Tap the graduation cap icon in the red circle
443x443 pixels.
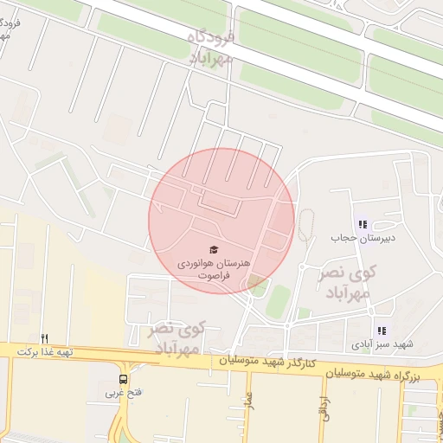[x=214, y=249]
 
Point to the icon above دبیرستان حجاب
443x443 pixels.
[x=361, y=224]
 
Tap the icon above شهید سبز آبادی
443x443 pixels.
[x=382, y=331]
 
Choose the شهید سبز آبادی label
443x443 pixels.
[x=382, y=344]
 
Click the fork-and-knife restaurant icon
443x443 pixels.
[x=44, y=338]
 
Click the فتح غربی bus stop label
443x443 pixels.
[x=123, y=393]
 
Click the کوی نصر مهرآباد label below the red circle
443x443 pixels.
[x=177, y=338]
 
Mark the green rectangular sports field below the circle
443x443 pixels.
[x=278, y=301]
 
